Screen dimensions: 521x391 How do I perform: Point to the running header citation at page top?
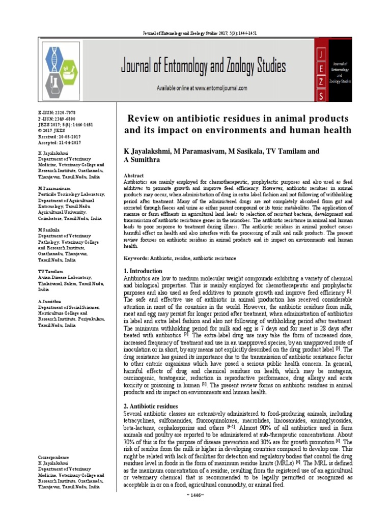(x=195, y=33)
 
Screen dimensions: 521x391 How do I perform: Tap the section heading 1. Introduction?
(x=143, y=271)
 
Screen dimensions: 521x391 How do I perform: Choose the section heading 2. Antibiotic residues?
(x=151, y=406)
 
